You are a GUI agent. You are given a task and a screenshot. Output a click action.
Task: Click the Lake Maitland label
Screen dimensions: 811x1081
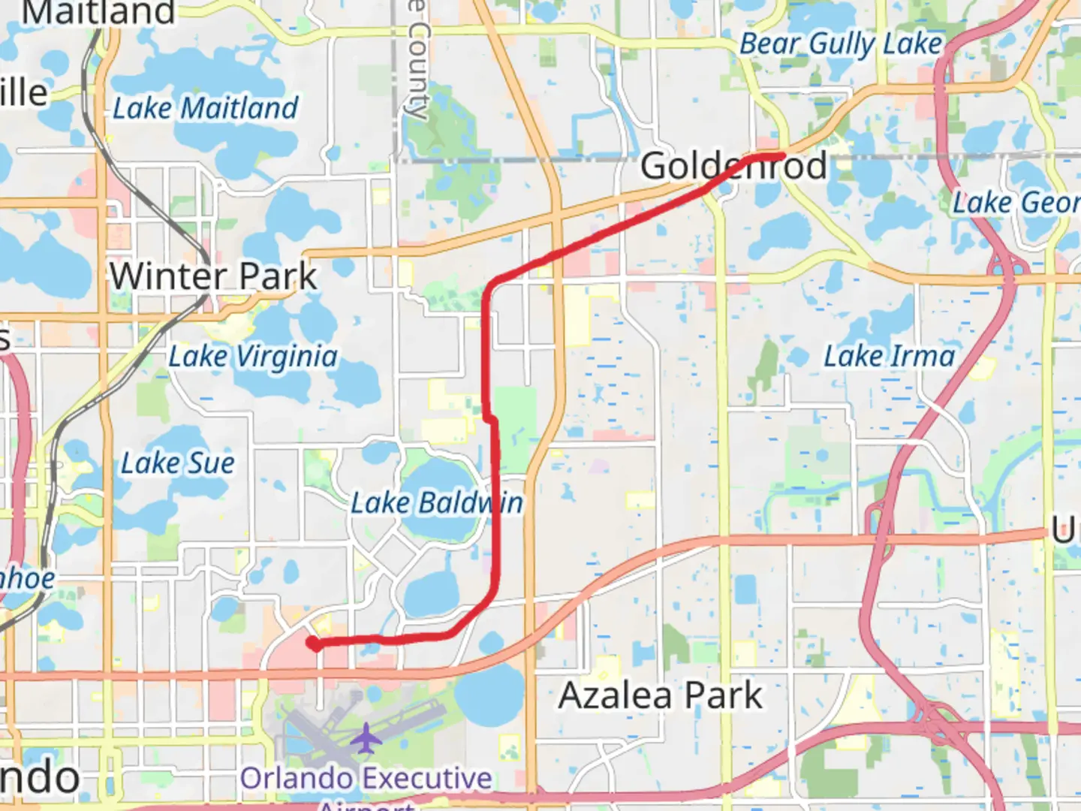(205, 109)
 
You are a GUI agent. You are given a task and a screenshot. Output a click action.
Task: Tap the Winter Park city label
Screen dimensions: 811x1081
(214, 276)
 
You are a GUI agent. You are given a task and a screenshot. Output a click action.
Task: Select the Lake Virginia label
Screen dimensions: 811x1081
(252, 357)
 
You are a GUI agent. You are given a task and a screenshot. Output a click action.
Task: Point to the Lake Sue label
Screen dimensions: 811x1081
(178, 463)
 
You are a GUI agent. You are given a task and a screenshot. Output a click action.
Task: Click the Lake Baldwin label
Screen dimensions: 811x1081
(437, 503)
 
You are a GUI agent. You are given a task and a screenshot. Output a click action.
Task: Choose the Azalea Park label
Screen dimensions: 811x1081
(660, 695)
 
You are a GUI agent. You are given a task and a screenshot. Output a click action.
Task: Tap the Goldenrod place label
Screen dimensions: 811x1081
(733, 166)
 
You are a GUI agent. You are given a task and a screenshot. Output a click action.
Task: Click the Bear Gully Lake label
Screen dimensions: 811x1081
(840, 44)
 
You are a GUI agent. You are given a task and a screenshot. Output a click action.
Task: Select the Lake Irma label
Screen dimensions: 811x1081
(889, 356)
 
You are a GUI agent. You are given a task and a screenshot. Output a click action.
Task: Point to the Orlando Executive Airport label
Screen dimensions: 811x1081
(366, 779)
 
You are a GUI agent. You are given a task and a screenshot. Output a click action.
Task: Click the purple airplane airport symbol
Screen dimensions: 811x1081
(366, 738)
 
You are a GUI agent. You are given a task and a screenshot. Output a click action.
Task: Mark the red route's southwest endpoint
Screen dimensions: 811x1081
(312, 643)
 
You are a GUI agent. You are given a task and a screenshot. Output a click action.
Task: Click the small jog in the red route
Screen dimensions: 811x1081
(490, 417)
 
